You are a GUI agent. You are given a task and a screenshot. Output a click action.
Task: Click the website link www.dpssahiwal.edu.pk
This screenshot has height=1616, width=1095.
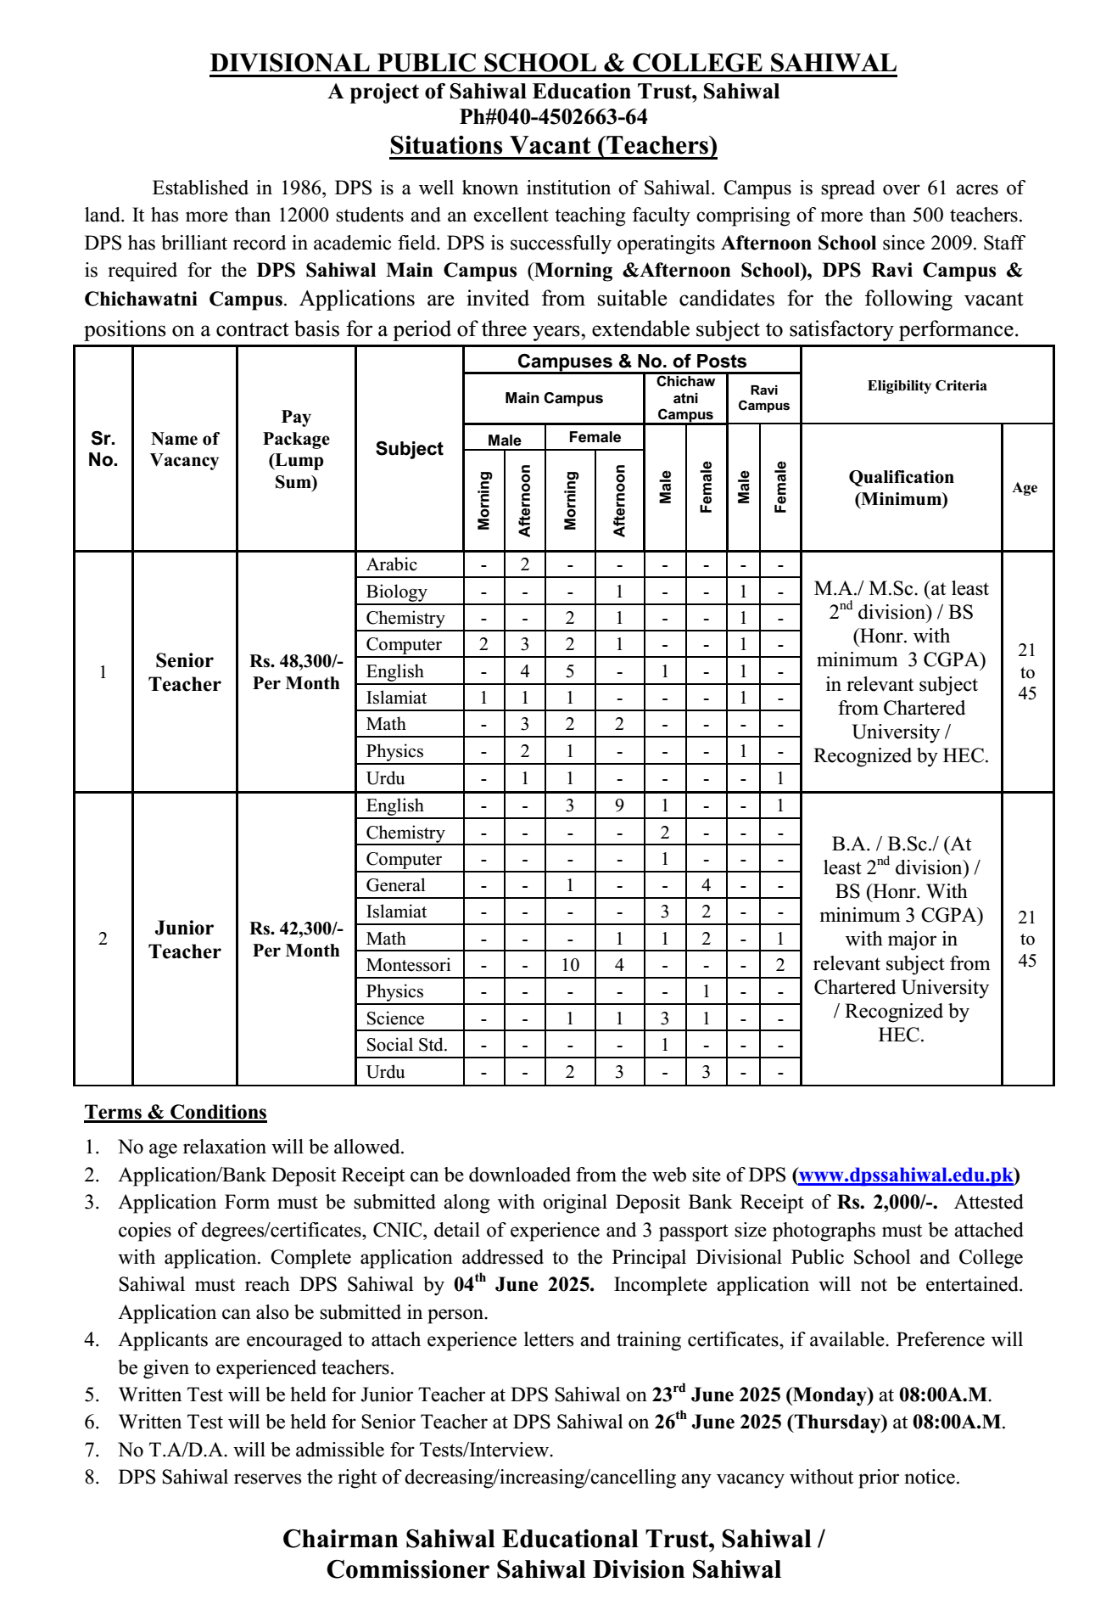click(x=905, y=1175)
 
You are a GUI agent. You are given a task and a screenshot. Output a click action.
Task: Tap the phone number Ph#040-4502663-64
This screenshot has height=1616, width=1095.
click(x=553, y=116)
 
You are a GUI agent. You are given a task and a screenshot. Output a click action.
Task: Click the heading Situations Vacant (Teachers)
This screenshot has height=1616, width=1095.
click(x=553, y=145)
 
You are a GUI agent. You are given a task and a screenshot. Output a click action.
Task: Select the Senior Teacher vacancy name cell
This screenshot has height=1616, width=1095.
click(x=184, y=672)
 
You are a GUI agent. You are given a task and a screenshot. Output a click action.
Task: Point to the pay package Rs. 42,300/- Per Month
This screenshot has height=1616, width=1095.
click(x=295, y=940)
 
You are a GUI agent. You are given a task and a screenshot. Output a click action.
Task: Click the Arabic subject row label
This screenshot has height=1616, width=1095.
click(x=392, y=564)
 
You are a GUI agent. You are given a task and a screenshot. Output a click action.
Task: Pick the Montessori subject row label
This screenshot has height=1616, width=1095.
click(x=408, y=965)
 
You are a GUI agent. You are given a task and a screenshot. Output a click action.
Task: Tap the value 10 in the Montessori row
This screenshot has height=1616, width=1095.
click(x=569, y=965)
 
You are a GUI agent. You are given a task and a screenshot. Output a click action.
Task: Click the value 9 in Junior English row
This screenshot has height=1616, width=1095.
click(x=618, y=805)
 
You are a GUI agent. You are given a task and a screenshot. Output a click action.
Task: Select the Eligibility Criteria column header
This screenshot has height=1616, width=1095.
click(x=926, y=385)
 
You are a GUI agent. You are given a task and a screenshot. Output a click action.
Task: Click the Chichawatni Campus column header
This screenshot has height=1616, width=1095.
click(x=685, y=398)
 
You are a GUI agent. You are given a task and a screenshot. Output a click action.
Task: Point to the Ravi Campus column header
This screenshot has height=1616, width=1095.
click(x=763, y=398)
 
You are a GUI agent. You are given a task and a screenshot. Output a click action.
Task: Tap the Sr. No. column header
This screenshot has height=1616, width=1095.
click(x=103, y=449)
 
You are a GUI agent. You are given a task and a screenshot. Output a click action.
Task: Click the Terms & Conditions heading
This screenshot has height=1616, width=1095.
click(x=176, y=1112)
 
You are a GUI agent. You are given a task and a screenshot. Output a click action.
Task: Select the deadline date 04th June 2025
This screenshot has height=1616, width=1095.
click(x=523, y=1284)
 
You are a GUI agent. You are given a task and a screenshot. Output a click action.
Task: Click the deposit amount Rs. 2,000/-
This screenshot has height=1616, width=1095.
click(x=887, y=1202)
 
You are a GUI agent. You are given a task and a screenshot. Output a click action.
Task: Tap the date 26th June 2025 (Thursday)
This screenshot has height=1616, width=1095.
click(x=770, y=1422)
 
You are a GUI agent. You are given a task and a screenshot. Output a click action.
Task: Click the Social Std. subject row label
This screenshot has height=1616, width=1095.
click(x=405, y=1045)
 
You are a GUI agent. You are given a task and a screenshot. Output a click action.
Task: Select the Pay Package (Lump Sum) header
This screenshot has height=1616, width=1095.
click(x=295, y=449)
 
